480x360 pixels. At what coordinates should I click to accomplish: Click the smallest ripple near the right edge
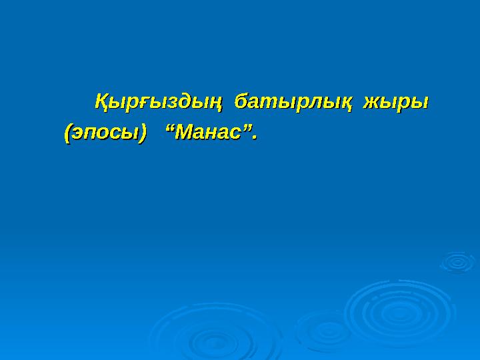457,261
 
